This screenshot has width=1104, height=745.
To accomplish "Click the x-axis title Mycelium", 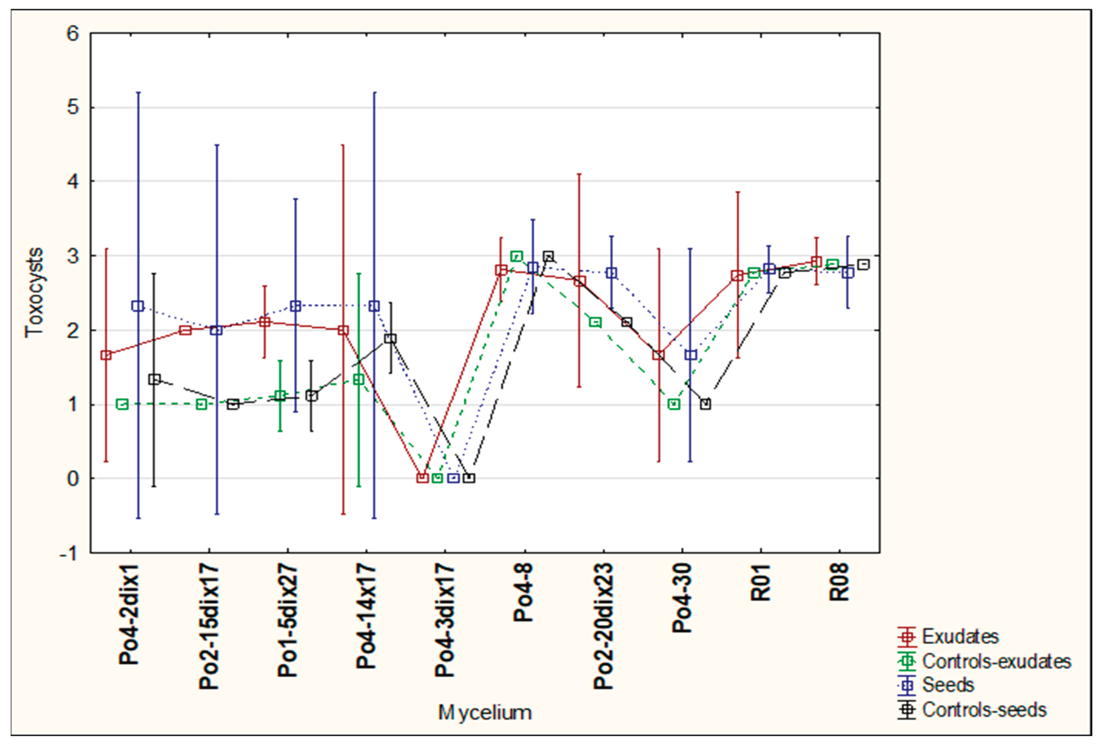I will pos(484,713).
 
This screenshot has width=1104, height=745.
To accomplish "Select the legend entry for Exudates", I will pos(960,637).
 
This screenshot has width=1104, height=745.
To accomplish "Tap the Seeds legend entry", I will pos(947,685).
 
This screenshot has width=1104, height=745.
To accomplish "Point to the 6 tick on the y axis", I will pos(72,34).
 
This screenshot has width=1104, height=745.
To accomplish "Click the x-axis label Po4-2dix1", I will pos(129,614).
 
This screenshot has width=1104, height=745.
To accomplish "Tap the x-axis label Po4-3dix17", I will pos(445,620).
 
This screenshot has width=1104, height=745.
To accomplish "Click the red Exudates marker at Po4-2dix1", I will pos(106,355).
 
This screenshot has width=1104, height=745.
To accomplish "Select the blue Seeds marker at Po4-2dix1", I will pos(138,306).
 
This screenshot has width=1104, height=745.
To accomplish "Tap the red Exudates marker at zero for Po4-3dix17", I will pos(422,478).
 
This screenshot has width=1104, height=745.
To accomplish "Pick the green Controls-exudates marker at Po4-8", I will pos(517,256).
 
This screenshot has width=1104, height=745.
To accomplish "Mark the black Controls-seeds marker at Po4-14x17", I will pos(390,339).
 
